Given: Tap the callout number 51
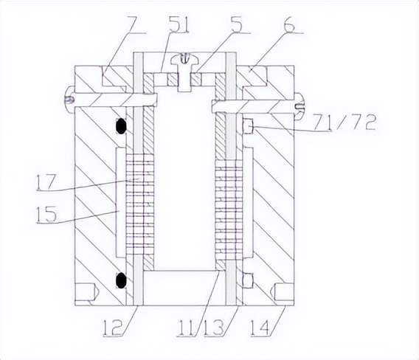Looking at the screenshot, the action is pyautogui.click(x=179, y=24).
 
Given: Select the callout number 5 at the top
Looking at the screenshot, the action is pyautogui.click(x=237, y=24).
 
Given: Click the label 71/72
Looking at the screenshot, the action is pyautogui.click(x=344, y=122).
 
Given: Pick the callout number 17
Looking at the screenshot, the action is pyautogui.click(x=46, y=182).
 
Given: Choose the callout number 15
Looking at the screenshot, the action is pyautogui.click(x=46, y=214).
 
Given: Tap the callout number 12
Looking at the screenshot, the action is pyautogui.click(x=113, y=327).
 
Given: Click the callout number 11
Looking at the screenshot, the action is pyautogui.click(x=186, y=327).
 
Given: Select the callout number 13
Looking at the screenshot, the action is pyautogui.click(x=213, y=327).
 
